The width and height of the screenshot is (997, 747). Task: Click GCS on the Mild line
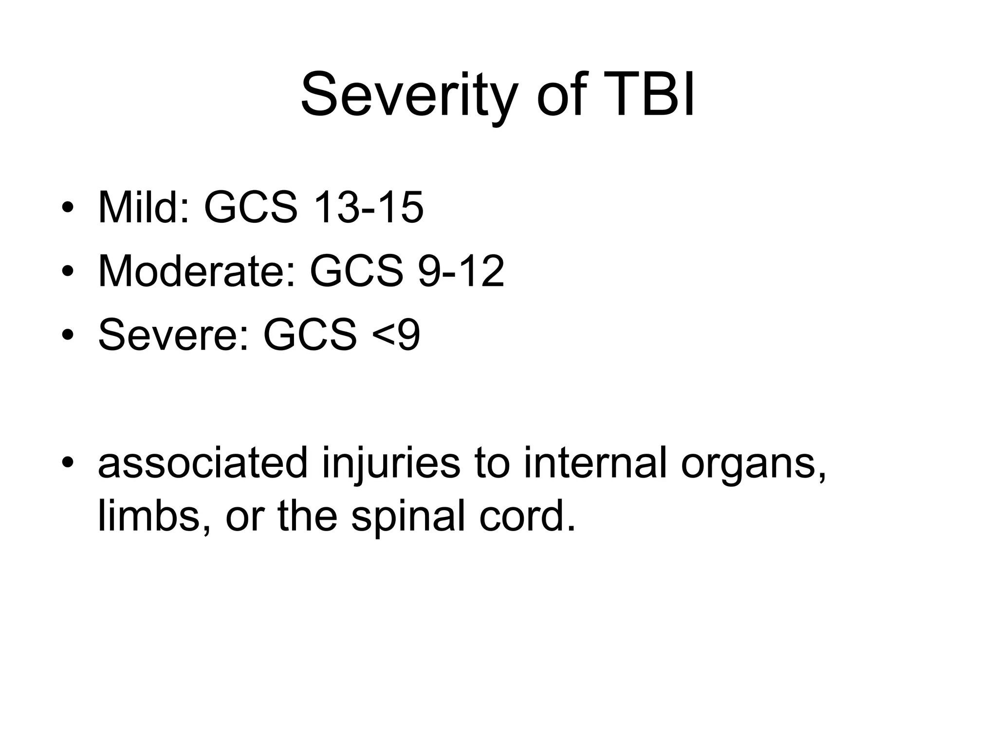pos(250,208)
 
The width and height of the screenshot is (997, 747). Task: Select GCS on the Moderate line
pos(356,271)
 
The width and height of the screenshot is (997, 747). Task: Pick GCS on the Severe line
pos(310,335)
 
